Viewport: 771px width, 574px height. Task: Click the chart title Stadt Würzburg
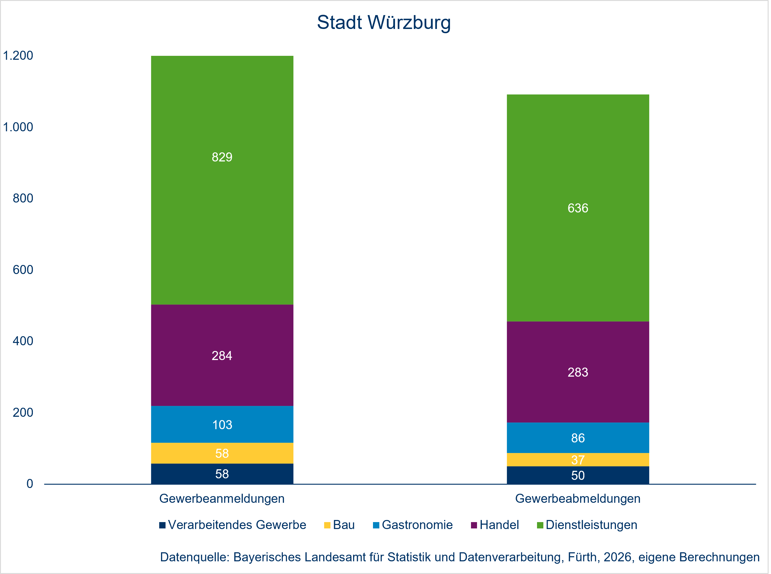384,23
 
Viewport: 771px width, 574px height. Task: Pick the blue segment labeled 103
222,425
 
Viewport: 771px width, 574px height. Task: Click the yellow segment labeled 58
222,453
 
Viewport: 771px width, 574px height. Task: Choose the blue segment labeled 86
578,438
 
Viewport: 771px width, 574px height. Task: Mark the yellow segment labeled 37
578,460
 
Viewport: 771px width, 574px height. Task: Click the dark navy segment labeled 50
578,475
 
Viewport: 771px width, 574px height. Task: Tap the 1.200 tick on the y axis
18,56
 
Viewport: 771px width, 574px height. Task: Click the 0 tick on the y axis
30,484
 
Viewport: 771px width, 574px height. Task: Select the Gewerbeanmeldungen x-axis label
222,499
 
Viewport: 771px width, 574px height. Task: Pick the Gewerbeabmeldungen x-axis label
578,499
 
